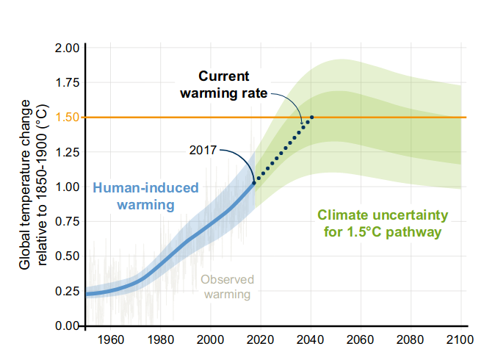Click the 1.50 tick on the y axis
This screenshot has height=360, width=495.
click(68, 117)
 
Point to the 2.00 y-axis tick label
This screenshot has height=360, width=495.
click(68, 48)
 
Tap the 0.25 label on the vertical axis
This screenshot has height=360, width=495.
click(68, 291)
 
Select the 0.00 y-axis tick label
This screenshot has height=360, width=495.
click(68, 325)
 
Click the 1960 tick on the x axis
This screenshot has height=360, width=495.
click(110, 340)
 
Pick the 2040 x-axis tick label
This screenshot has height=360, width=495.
click(311, 340)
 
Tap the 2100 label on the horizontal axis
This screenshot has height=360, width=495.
click(461, 340)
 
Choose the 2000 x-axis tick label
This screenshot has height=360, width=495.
click(210, 340)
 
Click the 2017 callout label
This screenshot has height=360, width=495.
click(203, 151)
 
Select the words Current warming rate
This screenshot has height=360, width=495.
click(225, 84)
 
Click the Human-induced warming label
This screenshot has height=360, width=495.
click(145, 195)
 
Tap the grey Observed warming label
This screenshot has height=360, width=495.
click(227, 287)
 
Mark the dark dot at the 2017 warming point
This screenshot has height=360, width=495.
click(254, 181)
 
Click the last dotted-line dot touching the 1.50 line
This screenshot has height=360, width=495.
click(312, 117)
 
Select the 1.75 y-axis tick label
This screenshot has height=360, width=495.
click(68, 82)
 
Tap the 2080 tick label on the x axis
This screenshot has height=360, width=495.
click(411, 340)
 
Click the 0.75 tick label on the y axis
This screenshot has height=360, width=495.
click(68, 221)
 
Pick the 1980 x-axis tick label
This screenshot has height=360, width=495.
click(160, 340)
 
